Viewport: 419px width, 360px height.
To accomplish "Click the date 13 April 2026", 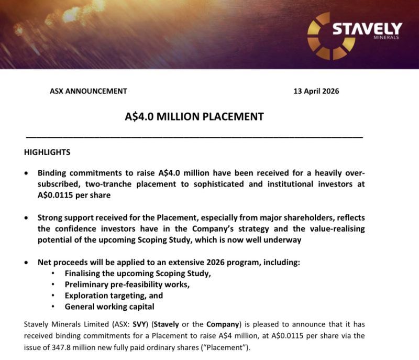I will pyautogui.click(x=317, y=91).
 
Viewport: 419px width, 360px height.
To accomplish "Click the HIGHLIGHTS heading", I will pyautogui.click(x=47, y=152).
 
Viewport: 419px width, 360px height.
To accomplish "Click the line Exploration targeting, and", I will pyautogui.click(x=114, y=296).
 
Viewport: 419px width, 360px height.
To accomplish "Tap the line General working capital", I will pyautogui.click(x=109, y=307).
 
